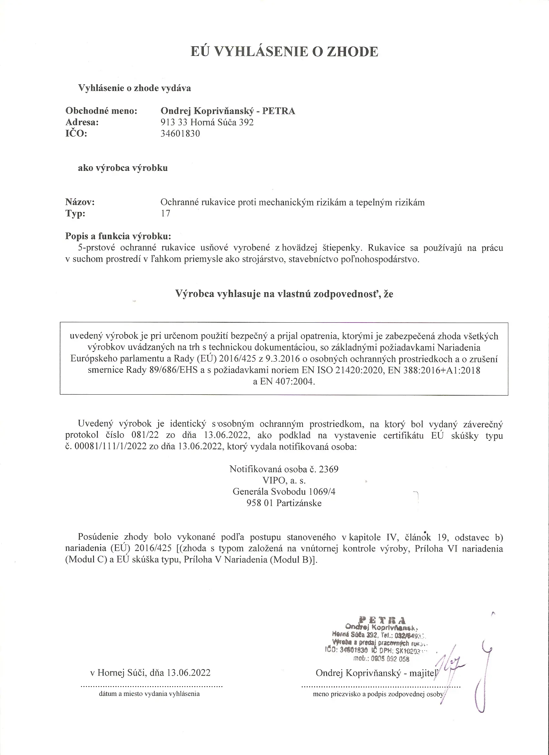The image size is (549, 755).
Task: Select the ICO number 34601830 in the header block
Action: [180, 134]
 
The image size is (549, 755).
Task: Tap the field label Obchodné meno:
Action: [101, 111]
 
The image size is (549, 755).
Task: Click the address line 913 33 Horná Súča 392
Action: [207, 122]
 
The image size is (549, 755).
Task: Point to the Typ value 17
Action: [165, 213]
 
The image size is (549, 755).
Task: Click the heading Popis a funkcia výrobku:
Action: [118, 237]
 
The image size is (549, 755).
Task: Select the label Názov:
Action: [80, 202]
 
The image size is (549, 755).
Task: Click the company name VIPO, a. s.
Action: [284, 481]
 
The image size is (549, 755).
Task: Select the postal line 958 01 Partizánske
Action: [284, 503]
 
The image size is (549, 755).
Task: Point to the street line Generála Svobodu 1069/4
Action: [284, 492]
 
